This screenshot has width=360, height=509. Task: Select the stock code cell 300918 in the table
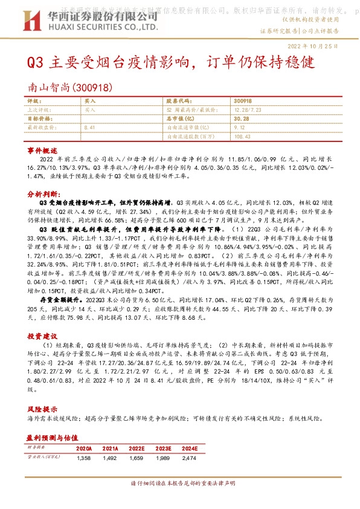[x=242, y=102]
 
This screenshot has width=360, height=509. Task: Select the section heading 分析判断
[x=43, y=195]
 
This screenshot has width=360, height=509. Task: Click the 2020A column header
[x=84, y=448]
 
